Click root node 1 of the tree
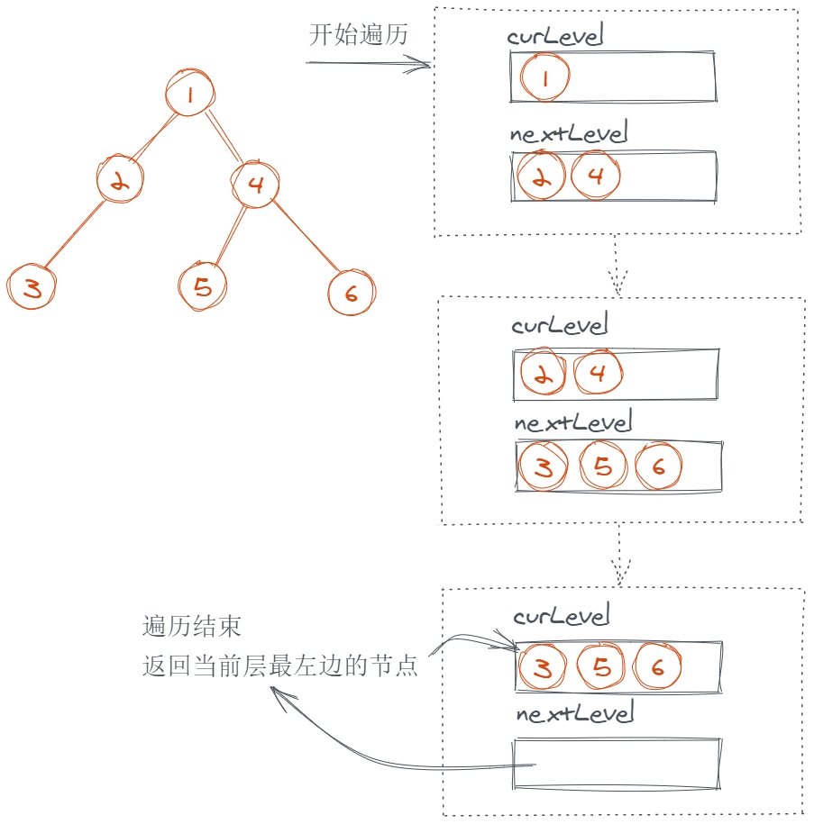pos(190,94)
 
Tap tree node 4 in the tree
pos(255,185)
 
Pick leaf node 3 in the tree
pos(32,288)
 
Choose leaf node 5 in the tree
pos(203,286)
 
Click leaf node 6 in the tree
pos(351,292)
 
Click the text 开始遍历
pos(359,36)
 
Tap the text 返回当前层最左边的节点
pos(280,667)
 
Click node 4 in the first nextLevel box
pos(596,176)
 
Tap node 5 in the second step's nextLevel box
pos(603,466)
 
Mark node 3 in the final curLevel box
pos(543,667)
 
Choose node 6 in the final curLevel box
pos(656,666)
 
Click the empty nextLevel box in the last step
pos(617,764)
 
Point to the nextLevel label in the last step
pos(575,714)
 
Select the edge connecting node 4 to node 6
pos(306,237)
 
